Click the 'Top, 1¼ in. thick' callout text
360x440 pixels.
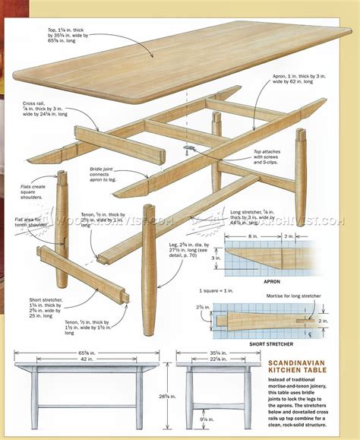(x=80, y=35)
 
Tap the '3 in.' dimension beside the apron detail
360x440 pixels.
(x=216, y=258)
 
